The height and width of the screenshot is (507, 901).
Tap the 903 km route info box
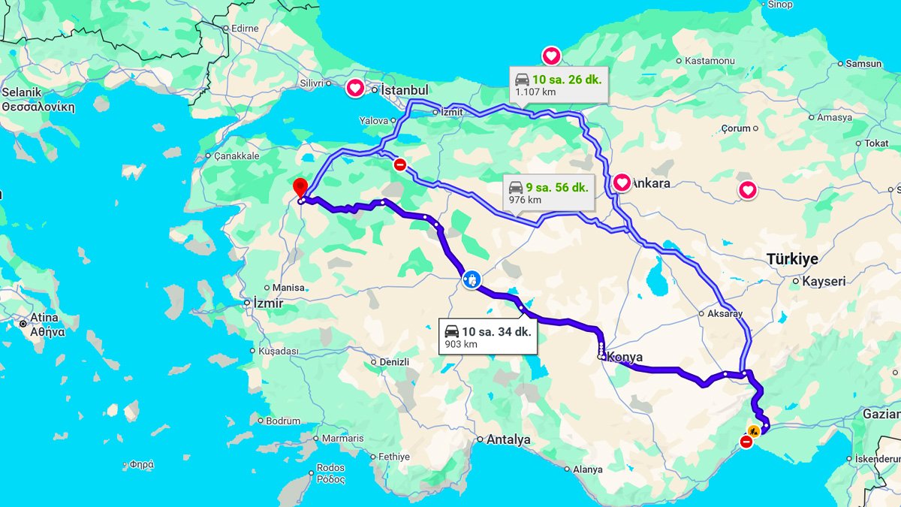(x=488, y=337)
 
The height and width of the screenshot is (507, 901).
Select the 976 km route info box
(x=547, y=192)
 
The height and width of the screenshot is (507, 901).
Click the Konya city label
(x=625, y=358)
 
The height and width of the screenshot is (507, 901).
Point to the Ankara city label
(x=650, y=183)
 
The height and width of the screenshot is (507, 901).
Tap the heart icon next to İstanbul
(x=355, y=89)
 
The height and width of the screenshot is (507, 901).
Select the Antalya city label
(x=508, y=439)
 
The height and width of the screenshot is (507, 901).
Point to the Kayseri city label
(x=824, y=281)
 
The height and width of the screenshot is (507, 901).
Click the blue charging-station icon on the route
(x=472, y=280)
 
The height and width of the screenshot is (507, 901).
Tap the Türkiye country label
(x=792, y=258)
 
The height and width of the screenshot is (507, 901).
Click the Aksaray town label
(x=725, y=313)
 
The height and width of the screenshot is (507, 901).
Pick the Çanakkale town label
(x=237, y=156)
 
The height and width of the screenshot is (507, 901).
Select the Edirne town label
(x=245, y=29)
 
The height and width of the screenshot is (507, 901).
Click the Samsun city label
(x=863, y=64)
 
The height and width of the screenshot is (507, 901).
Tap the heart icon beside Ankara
(x=622, y=183)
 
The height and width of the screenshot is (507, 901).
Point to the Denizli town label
(x=394, y=362)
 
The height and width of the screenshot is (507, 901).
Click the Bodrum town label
(x=282, y=421)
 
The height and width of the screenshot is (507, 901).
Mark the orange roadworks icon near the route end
(x=753, y=432)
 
